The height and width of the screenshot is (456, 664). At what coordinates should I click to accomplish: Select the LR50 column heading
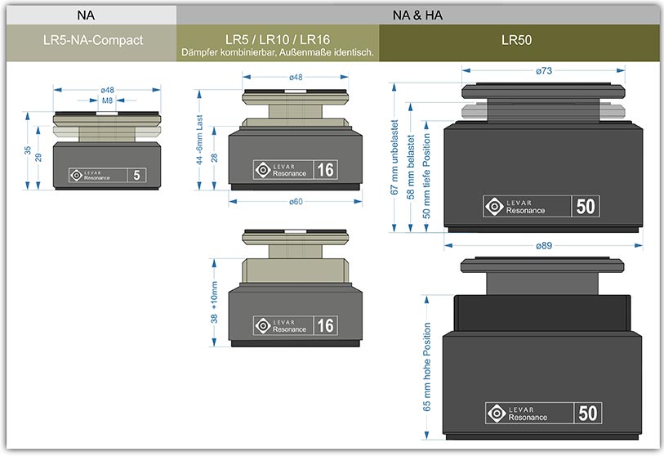pyautogui.click(x=520, y=38)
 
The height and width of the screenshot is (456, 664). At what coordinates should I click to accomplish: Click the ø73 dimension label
pyautogui.click(x=544, y=72)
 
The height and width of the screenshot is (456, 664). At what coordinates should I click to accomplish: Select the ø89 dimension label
pyautogui.click(x=544, y=244)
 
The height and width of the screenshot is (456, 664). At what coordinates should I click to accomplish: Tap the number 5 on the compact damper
pyautogui.click(x=136, y=174)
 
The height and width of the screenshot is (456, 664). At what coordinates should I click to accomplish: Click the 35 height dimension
pyautogui.click(x=27, y=150)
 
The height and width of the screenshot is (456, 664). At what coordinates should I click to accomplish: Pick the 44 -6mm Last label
pyautogui.click(x=198, y=140)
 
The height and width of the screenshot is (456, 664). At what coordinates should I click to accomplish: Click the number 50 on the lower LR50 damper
pyautogui.click(x=586, y=414)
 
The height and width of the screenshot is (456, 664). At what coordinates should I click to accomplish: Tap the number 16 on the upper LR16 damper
pyautogui.click(x=325, y=170)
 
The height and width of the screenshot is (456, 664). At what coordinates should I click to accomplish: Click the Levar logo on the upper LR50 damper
pyautogui.click(x=494, y=206)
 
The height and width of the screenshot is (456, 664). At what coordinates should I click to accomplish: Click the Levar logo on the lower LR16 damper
pyautogui.click(x=263, y=325)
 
